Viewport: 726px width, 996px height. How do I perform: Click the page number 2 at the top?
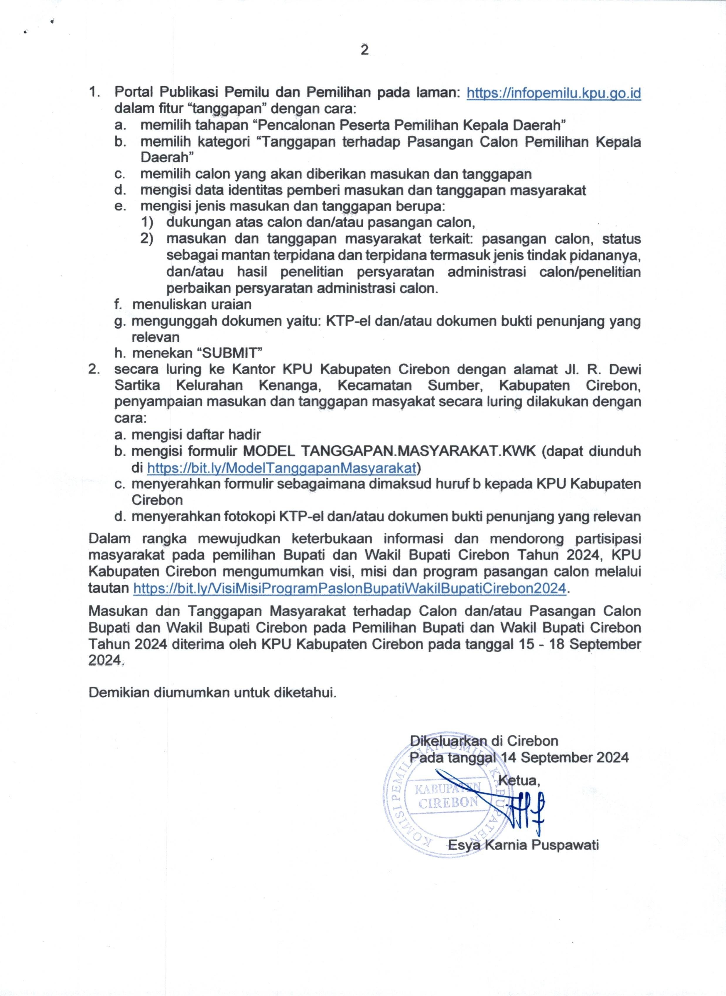pos(364,51)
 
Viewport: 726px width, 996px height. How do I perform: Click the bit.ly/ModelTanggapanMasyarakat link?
pos(281,467)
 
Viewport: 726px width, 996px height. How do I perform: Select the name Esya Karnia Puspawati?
pos(523,845)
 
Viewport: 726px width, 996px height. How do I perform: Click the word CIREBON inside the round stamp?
pos(448,802)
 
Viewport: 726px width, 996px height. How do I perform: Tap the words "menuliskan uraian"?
pos(192,304)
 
